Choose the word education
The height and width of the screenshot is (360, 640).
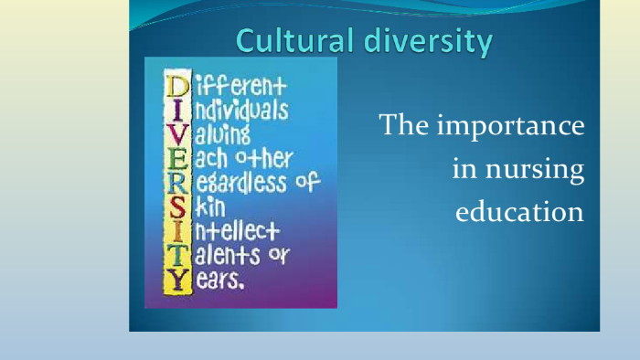[518, 212]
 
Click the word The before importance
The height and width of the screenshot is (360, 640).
[403, 125]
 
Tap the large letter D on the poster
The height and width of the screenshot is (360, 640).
[176, 89]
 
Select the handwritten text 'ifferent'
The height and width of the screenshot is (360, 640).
[238, 89]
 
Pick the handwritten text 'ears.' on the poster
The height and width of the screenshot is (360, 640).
[219, 281]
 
